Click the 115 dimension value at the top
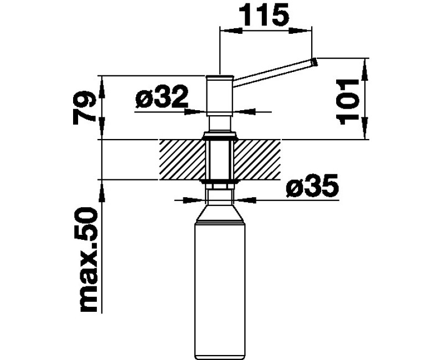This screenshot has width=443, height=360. [x=264, y=14]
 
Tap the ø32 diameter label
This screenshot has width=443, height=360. [x=162, y=96]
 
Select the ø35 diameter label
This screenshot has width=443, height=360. [x=312, y=186]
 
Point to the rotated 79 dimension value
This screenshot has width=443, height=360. [x=84, y=107]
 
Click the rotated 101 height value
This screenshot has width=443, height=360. [x=348, y=102]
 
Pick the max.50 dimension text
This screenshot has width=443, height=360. [x=89, y=260]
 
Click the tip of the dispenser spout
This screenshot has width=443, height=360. [x=315, y=62]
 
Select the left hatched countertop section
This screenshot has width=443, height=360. [x=182, y=160]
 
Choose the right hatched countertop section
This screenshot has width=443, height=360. [x=257, y=160]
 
